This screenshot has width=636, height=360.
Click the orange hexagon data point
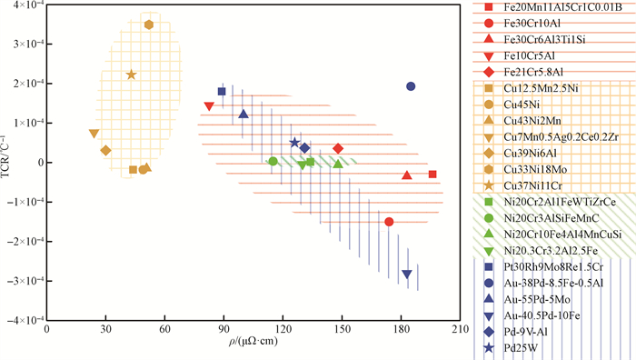click(x=149, y=25)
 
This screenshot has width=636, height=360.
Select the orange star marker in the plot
click(x=131, y=75)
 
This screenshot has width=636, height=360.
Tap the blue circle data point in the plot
click(x=411, y=86)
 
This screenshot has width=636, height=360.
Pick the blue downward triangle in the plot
click(x=407, y=275)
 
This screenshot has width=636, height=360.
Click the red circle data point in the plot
click(x=389, y=222)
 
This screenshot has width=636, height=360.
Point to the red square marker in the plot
click(x=432, y=175)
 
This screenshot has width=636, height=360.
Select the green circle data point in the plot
click(x=273, y=161)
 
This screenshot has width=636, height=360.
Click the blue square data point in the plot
click(x=222, y=91)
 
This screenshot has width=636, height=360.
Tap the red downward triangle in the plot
click(x=209, y=106)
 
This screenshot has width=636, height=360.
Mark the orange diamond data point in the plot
click(x=105, y=151)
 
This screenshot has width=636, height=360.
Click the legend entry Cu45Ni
click(x=522, y=105)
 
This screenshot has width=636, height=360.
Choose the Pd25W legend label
click(x=521, y=348)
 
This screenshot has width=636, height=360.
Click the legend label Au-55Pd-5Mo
click(x=537, y=299)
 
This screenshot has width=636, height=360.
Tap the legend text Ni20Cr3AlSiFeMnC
click(x=552, y=218)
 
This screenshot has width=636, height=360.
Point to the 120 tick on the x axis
click(x=283, y=329)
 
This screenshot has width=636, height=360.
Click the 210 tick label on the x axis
click(x=461, y=329)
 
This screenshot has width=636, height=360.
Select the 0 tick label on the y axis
click(x=38, y=163)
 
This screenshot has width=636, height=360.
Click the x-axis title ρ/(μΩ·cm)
click(x=253, y=341)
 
